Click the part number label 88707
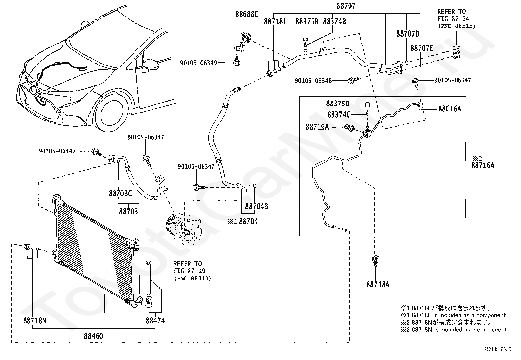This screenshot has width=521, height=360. coord(346,6)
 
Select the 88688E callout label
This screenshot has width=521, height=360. coord(246,14)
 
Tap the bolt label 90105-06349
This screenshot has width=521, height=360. coord(198,63)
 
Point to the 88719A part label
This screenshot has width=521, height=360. coord(317,127)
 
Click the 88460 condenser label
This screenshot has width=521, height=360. coord(94,336)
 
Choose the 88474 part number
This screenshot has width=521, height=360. coord(155,321)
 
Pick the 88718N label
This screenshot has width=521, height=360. coord(34,321)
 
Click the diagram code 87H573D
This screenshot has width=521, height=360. coord(498,349)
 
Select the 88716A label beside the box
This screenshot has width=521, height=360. coord(483,166)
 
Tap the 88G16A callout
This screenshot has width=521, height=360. coord(450,109)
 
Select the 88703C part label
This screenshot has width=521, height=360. coord(120,194)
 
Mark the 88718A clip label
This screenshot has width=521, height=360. coord(378,285)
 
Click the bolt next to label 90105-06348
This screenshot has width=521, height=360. coord(353,80)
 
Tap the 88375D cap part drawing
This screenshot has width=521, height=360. coord(367,104)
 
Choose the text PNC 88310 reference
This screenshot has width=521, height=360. coord(193,278)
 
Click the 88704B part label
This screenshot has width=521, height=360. coord(257,206)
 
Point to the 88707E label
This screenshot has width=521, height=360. coord(422,48)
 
